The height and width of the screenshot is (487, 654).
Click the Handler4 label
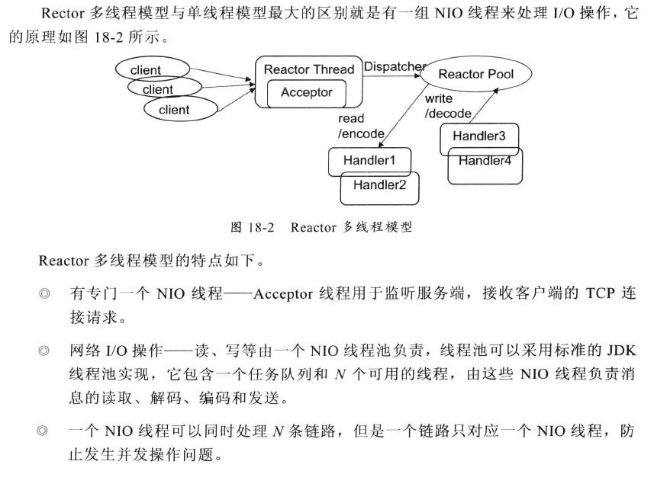coord(485,161)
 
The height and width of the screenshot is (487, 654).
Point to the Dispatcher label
coord(395,66)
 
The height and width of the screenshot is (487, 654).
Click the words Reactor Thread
coord(309,69)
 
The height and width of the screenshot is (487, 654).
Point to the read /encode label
coord(361,127)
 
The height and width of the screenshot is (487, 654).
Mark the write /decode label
coord(448,106)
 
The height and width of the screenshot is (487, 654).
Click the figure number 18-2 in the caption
coord(261,227)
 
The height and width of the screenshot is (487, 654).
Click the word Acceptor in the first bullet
coord(283,294)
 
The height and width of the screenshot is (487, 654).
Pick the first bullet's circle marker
coord(44,293)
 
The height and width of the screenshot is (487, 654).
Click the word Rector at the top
coord(63,13)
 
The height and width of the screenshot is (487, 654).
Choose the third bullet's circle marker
coord(43,431)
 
